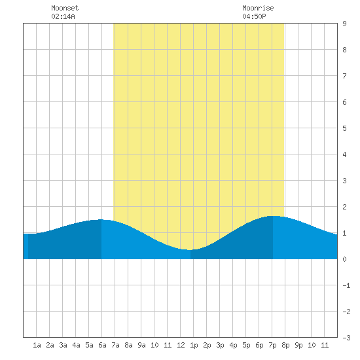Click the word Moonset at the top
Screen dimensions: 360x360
[65, 8]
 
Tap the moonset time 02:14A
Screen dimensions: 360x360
[63, 16]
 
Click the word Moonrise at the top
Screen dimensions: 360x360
[258, 8]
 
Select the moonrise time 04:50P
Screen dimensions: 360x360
[254, 16]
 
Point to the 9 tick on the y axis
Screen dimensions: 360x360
[344, 24]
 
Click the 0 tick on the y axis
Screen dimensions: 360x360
[344, 259]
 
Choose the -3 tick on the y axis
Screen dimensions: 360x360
[346, 338]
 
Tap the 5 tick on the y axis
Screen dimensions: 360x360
[344, 128]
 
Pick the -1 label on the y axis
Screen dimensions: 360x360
[346, 285]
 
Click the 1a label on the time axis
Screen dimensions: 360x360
[37, 345]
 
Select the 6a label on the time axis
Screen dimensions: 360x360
[102, 345]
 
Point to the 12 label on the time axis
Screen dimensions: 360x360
[181, 345]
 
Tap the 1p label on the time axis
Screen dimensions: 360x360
[194, 345]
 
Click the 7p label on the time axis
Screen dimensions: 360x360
[272, 345]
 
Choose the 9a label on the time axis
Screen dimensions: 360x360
[141, 345]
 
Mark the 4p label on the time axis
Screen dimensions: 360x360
[233, 345]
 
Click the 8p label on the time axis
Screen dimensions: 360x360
[285, 345]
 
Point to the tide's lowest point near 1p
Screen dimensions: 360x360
[190, 250]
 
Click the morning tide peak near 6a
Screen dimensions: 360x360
[101, 219]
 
